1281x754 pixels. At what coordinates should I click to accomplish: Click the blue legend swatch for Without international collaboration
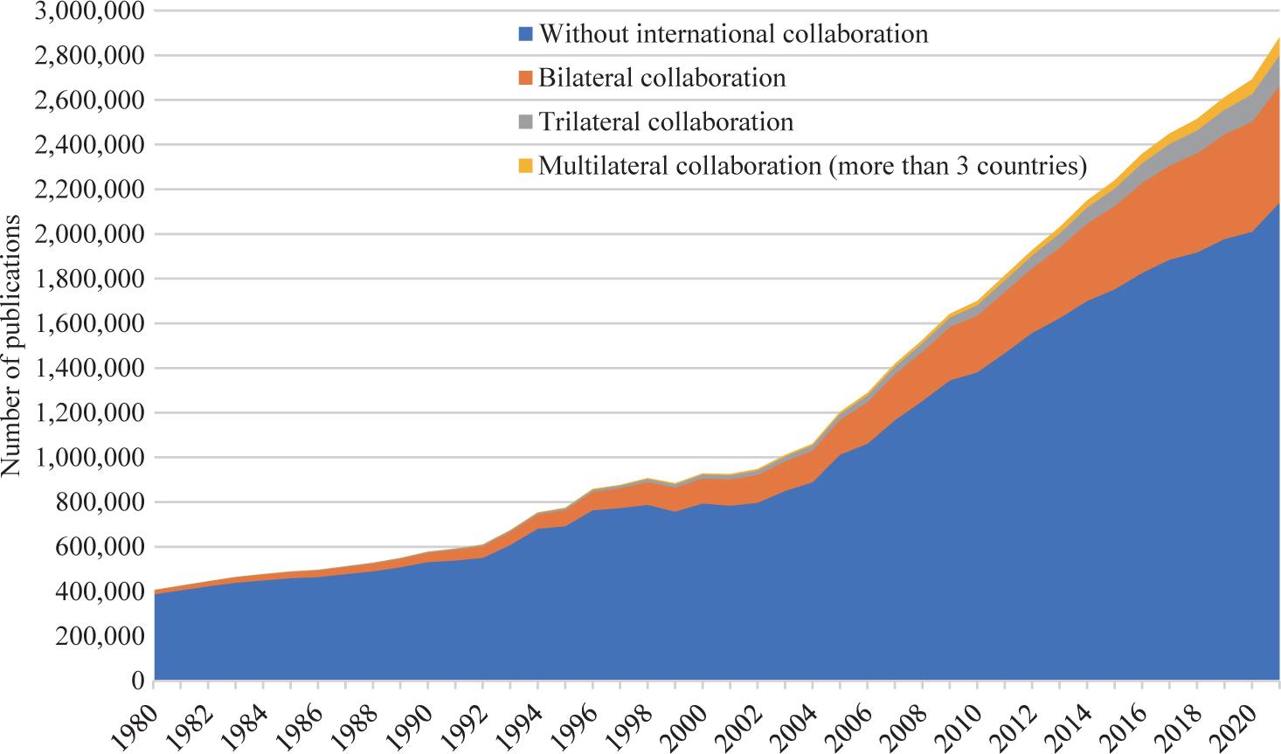tap(525, 35)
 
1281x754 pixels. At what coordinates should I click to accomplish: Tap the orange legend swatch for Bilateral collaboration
tap(525, 78)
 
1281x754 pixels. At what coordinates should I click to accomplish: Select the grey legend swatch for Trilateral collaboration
tap(525, 121)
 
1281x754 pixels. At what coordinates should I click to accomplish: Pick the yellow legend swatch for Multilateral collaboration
tap(525, 165)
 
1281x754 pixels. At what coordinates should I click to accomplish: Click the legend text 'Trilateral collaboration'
tap(666, 121)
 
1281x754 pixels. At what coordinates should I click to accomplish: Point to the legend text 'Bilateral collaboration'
tap(661, 78)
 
